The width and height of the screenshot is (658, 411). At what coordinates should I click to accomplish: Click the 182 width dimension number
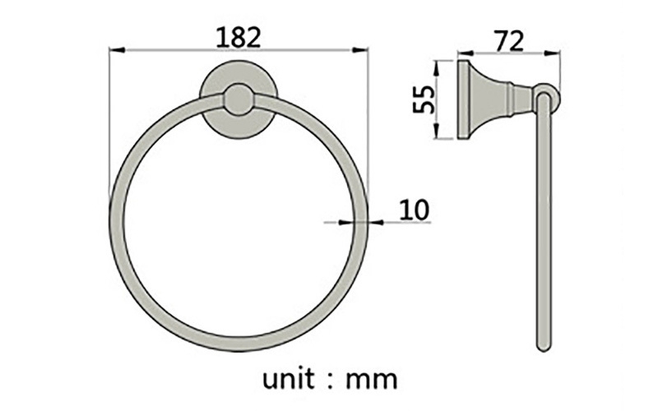point(239,36)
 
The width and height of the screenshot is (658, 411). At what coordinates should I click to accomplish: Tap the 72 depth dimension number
point(508,40)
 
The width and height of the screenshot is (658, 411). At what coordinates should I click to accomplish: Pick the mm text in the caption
point(372,379)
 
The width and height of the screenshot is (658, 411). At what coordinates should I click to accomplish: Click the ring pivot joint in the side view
point(546,98)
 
